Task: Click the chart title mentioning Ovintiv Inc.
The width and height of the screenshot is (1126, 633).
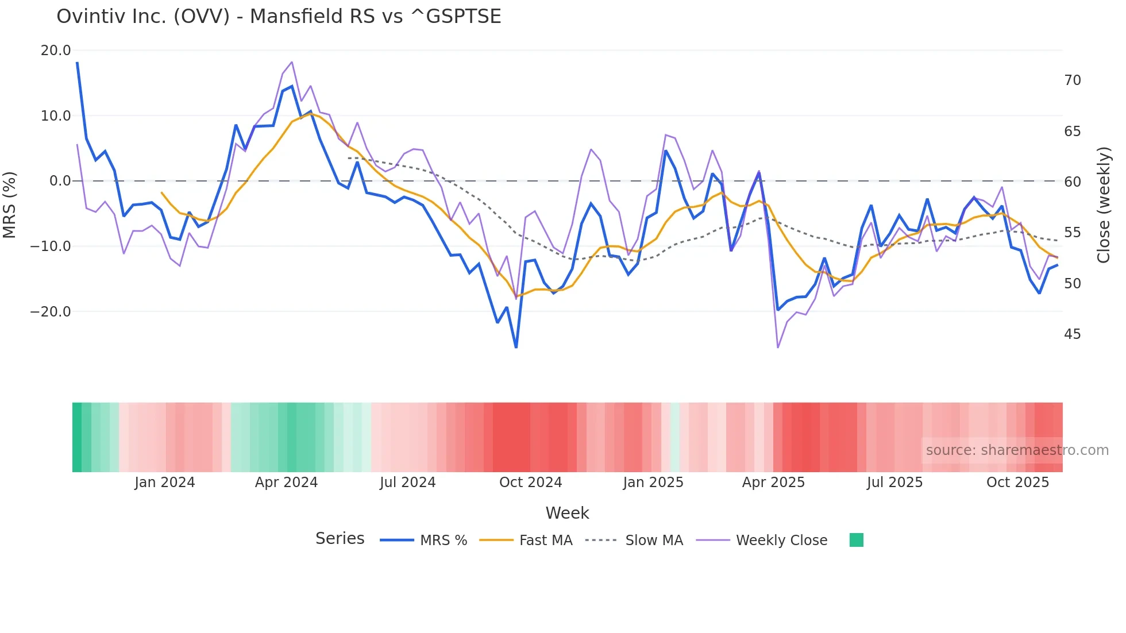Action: pos(279,17)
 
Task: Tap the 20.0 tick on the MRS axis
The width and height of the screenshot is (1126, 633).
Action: pos(56,51)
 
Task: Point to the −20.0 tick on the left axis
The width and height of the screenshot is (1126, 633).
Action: pos(51,312)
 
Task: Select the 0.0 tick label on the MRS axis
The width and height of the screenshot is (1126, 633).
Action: pos(60,181)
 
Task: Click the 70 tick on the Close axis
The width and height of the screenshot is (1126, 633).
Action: pos(1073,80)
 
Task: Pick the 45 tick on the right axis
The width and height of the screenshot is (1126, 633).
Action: pos(1073,334)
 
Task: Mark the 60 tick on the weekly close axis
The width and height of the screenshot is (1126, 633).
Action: pos(1073,182)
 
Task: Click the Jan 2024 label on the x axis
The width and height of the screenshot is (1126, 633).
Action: pos(165,483)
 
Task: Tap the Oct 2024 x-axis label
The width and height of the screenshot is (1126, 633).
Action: pos(530,483)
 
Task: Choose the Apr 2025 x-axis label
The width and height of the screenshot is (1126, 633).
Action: pos(773,483)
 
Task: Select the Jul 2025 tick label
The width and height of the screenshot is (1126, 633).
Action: pos(894,483)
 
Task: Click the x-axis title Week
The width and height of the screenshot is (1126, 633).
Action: pos(567,513)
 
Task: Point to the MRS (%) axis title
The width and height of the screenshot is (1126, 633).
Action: pos(10,204)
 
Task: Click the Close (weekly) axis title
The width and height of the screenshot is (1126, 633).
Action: pos(1104,205)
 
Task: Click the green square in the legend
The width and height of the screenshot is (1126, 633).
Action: pos(857,540)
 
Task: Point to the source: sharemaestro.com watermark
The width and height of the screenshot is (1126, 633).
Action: pos(1017,450)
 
